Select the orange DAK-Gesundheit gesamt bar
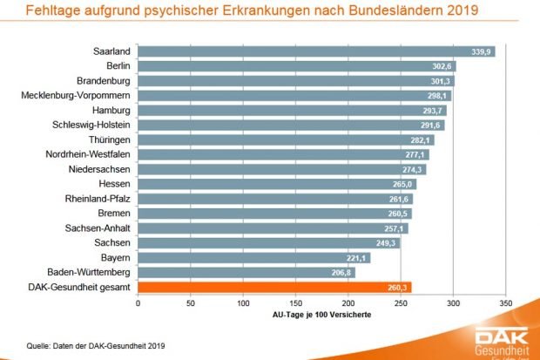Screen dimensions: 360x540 click(x=274, y=287)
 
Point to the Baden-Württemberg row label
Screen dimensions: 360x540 click(x=88, y=272)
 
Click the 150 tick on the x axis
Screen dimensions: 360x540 click(x=295, y=302)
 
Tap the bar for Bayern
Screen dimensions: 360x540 click(x=253, y=257)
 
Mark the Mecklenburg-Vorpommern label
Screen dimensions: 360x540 click(x=76, y=95)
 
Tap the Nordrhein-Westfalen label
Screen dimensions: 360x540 click(x=87, y=154)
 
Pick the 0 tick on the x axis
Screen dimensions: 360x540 click(x=138, y=302)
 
